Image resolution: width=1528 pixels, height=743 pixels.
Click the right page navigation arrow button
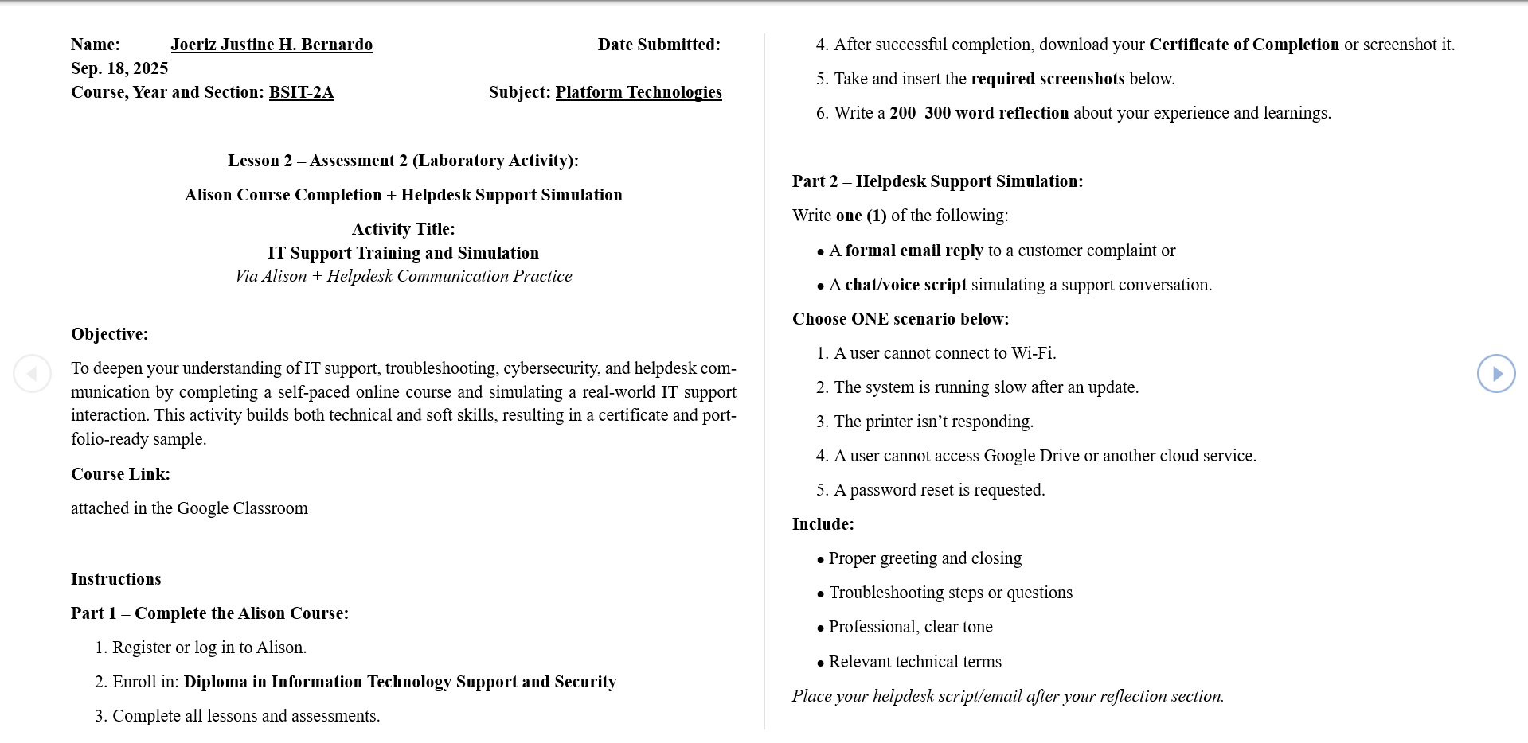click(1496, 373)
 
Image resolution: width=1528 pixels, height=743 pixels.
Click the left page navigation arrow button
click(32, 373)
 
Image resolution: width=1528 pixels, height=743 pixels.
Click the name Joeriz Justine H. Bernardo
click(272, 45)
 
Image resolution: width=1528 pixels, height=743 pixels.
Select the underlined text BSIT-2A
click(301, 92)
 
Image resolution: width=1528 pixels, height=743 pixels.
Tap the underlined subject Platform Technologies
click(639, 92)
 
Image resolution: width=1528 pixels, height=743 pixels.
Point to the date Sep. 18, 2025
click(119, 68)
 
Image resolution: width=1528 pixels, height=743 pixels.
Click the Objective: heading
click(109, 334)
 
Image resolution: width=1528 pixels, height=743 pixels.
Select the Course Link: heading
click(120, 474)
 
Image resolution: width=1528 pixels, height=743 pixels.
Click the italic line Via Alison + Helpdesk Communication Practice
click(404, 276)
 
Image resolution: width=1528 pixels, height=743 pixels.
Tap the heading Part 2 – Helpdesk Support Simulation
click(937, 181)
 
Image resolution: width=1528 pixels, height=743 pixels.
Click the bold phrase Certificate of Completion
click(1244, 45)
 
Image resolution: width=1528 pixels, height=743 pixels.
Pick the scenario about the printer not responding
click(933, 422)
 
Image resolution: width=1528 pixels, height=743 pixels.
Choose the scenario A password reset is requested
click(939, 490)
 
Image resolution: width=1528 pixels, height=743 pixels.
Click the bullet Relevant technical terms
click(915, 662)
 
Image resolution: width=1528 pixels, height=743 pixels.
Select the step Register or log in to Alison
click(209, 648)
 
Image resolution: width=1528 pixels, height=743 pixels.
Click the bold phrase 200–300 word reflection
click(979, 113)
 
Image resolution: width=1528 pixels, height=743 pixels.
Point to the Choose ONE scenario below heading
click(901, 319)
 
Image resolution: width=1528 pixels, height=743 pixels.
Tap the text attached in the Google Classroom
click(190, 508)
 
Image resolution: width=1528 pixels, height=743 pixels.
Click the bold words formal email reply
click(913, 251)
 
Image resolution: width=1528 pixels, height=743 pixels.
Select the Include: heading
click(823, 524)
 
